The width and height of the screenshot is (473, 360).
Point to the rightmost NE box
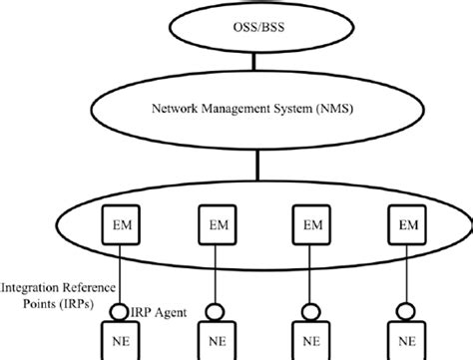(x=406, y=339)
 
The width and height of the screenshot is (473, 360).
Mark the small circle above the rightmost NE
(x=406, y=309)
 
